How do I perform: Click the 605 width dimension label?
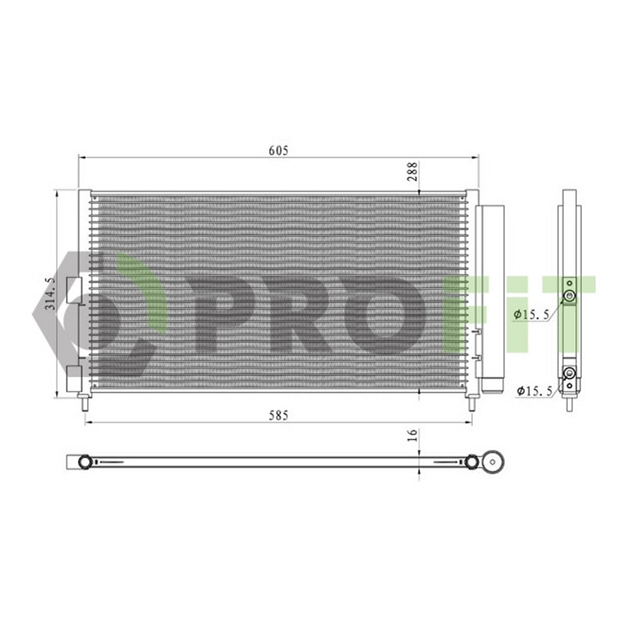click(278, 150)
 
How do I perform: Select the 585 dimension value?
click(278, 415)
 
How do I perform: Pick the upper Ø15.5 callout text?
click(531, 314)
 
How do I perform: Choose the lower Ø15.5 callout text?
click(535, 391)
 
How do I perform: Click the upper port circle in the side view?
click(570, 296)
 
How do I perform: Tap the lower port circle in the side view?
click(570, 373)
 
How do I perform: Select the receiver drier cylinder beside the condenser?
click(493, 299)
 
